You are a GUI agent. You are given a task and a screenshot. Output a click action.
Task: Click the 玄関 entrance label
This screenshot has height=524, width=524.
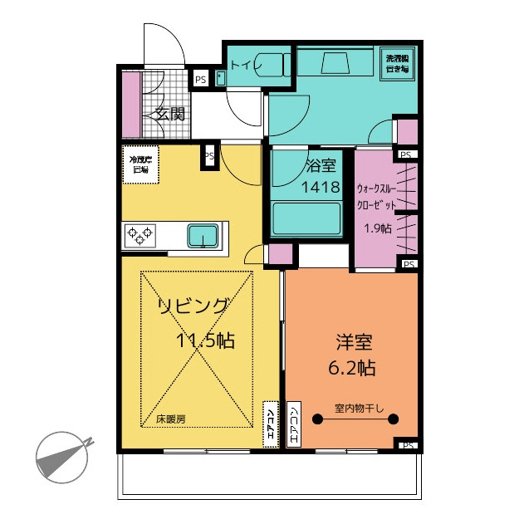tap(169, 115)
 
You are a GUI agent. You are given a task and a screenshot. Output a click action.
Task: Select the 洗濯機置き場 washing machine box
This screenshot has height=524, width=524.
tap(398, 64)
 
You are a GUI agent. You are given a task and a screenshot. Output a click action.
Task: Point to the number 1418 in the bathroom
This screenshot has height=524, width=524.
tap(319, 187)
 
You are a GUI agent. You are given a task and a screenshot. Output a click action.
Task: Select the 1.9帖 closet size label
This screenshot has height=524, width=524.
tap(378, 229)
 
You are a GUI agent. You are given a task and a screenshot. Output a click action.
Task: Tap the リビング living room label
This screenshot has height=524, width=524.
tap(193, 306)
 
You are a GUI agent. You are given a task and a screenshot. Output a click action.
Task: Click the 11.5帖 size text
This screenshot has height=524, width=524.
tap(204, 340)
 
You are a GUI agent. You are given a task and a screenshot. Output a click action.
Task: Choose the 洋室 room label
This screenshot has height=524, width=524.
tap(353, 341)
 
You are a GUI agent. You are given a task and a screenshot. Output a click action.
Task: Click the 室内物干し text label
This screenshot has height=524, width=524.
tap(356, 409)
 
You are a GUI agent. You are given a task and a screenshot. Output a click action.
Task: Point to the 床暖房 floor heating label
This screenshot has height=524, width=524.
tap(170, 419)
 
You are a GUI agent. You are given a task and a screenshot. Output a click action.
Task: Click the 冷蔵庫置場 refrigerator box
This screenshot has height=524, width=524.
tap(139, 164)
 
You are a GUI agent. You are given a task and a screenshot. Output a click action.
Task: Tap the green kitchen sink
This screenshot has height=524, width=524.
tap(203, 236)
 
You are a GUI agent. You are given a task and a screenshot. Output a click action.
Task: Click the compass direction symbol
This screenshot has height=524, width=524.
tap(62, 456)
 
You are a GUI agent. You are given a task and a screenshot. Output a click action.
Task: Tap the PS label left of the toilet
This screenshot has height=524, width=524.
tap(200, 80)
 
